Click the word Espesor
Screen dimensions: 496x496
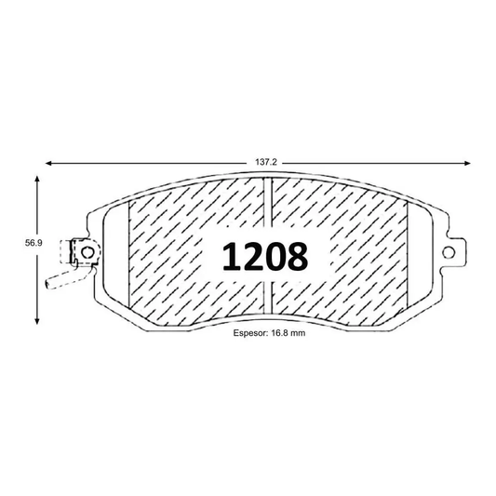[x=248, y=342]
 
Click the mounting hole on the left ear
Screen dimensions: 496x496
[x=86, y=251]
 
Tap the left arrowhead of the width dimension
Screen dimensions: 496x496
[x=49, y=162]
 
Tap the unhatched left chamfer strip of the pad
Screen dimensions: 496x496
[x=115, y=261]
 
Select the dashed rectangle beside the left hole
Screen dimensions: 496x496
[x=69, y=252]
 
